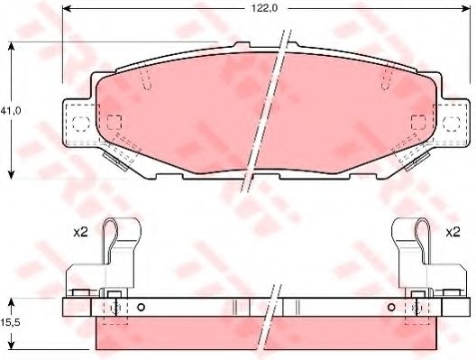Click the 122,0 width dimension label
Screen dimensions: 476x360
(264, 8)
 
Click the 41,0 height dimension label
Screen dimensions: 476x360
(10, 111)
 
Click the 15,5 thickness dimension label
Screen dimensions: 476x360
(10, 323)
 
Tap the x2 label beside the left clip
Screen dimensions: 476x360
(80, 233)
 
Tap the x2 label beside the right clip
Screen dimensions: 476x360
(453, 233)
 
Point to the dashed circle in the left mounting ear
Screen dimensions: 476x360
(81, 124)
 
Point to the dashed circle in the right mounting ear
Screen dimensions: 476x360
(452, 124)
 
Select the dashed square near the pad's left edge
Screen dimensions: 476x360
(114, 122)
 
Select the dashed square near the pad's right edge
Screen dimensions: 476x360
(418, 122)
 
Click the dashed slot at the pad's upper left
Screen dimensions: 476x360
(146, 79)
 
